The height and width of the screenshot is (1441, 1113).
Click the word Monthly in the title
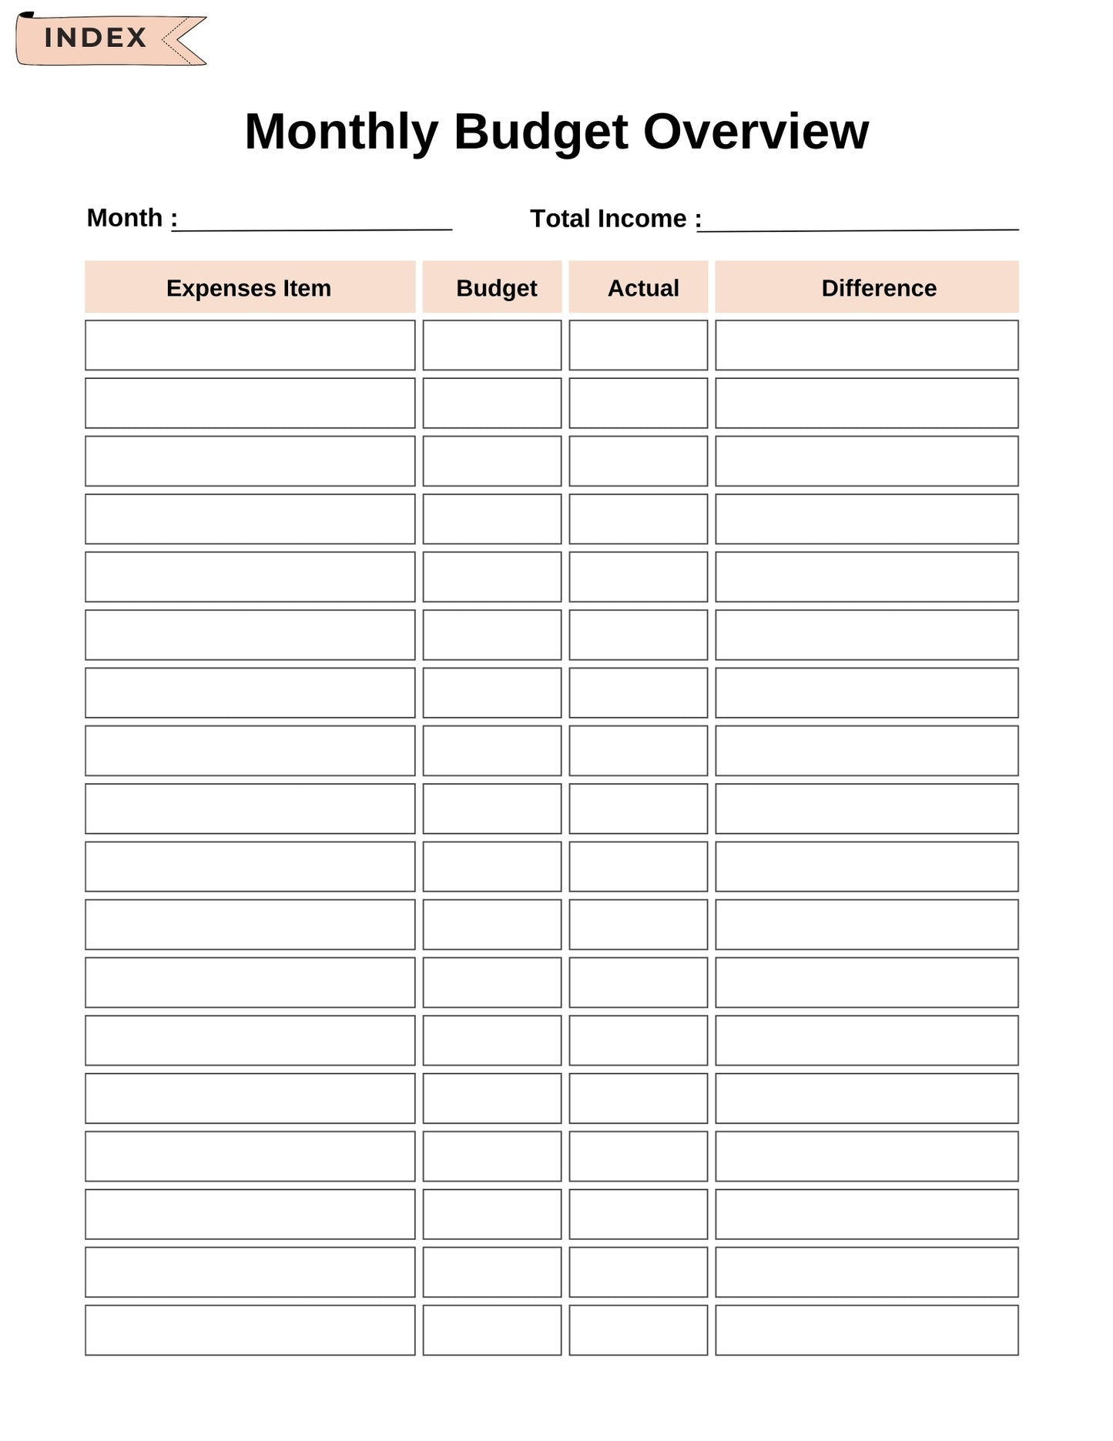click(x=341, y=132)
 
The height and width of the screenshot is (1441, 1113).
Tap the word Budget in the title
click(x=541, y=132)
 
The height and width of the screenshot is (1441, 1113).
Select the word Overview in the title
click(x=756, y=132)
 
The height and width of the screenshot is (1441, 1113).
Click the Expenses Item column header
click(x=250, y=288)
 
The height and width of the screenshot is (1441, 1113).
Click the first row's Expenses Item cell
click(x=250, y=345)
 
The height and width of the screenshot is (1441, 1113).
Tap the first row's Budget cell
click(x=492, y=345)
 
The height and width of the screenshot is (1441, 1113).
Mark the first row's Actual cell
click(x=639, y=345)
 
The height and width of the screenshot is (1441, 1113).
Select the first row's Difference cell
click(x=867, y=345)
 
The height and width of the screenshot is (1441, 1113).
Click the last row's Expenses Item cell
click(x=250, y=1330)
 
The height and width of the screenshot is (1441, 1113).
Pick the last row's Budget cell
click(x=492, y=1330)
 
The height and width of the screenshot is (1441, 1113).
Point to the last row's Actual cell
click(x=639, y=1330)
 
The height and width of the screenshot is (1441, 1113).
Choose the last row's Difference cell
click(x=867, y=1330)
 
